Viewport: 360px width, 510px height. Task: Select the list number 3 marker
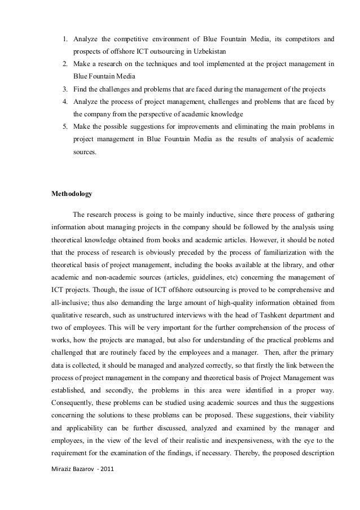pos(65,89)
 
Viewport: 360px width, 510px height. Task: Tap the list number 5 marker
pos(65,127)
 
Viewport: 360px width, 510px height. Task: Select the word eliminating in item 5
pos(235,127)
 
